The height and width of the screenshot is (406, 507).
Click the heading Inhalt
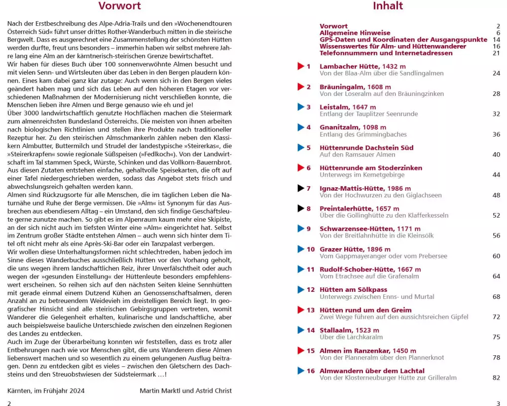[x=387, y=6]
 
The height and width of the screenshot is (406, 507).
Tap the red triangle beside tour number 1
[x=300, y=66]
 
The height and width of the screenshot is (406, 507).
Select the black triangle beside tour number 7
[x=300, y=188]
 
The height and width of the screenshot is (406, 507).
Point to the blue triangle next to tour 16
[x=300, y=371]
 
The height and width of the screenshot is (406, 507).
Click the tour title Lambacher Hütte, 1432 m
[x=363, y=66]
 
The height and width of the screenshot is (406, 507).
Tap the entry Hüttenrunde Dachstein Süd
[x=366, y=148]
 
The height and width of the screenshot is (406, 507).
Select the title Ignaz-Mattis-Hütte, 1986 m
[x=365, y=188]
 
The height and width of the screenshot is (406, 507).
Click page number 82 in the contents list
[x=496, y=378]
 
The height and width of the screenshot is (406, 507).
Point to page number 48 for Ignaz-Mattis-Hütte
[x=496, y=195]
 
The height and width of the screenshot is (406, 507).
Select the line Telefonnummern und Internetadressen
[x=379, y=53]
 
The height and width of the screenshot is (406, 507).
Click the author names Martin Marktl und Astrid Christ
[x=186, y=390]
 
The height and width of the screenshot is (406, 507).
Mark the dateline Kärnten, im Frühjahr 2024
[x=46, y=390]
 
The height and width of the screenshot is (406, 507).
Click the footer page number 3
[x=498, y=403]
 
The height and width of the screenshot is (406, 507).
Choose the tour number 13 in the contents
[x=310, y=310]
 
